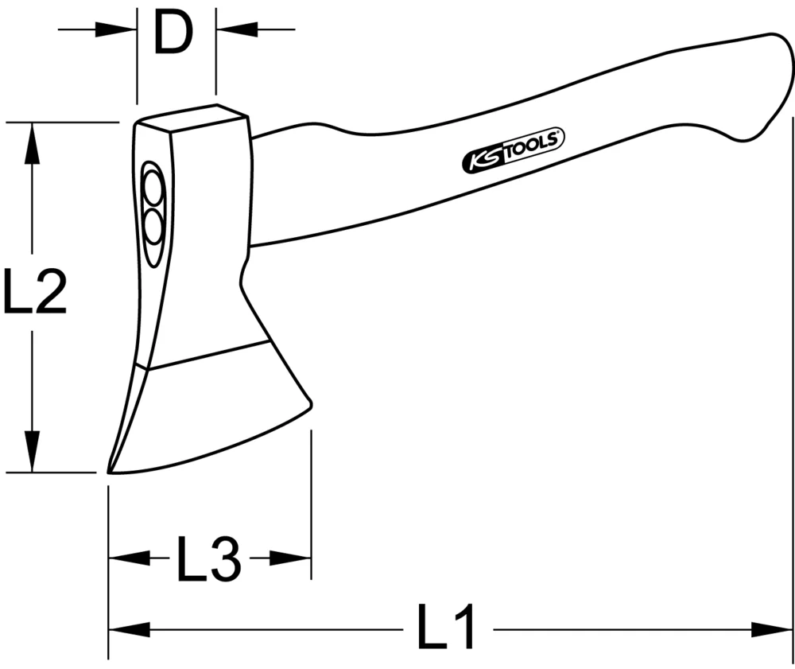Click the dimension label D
(175, 33)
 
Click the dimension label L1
(448, 628)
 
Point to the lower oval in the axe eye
(153, 230)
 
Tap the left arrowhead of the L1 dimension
(127, 629)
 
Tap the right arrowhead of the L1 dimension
(775, 629)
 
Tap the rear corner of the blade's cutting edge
(310, 403)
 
